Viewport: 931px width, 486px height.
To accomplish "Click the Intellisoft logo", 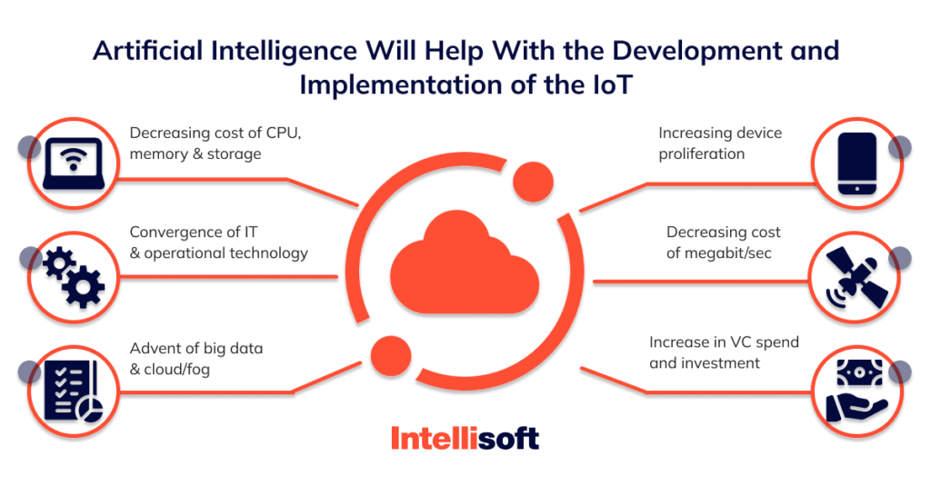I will point(465,439).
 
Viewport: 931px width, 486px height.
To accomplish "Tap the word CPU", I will point(283,133).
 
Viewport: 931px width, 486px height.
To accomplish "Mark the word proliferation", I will point(701,154).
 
